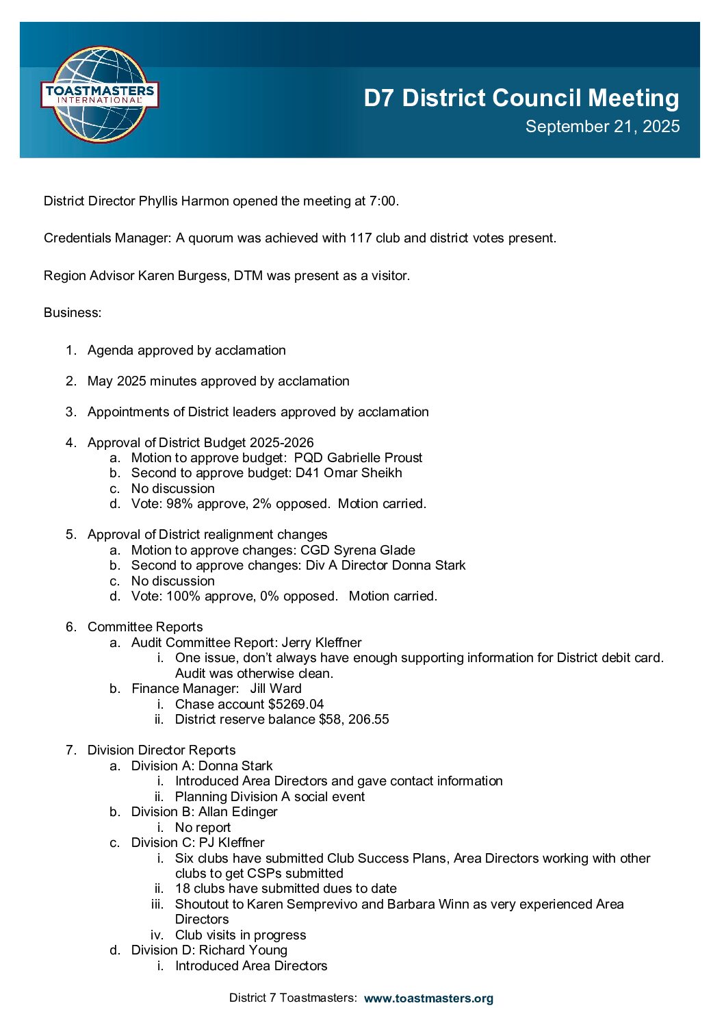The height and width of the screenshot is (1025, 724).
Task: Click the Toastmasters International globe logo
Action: [x=100, y=94]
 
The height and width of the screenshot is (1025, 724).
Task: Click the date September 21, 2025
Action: [x=602, y=127]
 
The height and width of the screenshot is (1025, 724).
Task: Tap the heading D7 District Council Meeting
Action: [x=521, y=98]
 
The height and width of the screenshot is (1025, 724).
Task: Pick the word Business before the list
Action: [x=71, y=313]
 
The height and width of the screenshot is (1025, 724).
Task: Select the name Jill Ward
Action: [x=276, y=689]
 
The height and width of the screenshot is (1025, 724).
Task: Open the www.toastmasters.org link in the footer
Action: [x=428, y=998]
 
